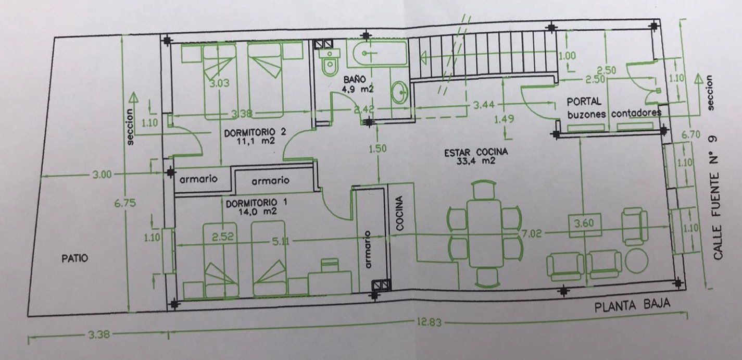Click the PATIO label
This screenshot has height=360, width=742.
click(x=75, y=258)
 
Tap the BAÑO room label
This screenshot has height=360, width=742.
click(x=355, y=80)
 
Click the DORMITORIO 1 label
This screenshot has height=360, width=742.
click(x=256, y=203)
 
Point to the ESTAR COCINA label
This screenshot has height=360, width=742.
click(x=476, y=153)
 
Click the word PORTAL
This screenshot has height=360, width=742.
click(x=584, y=102)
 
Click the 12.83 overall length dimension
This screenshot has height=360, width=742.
click(x=429, y=322)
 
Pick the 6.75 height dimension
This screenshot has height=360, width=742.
click(x=125, y=203)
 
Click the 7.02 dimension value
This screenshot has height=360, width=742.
click(x=532, y=234)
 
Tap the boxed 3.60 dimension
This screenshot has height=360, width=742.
click(x=585, y=225)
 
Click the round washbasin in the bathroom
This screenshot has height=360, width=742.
click(x=400, y=93)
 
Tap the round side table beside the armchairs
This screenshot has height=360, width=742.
click(x=636, y=261)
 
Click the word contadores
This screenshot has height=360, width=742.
click(x=636, y=114)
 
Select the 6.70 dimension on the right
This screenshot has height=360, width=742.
click(x=691, y=134)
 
